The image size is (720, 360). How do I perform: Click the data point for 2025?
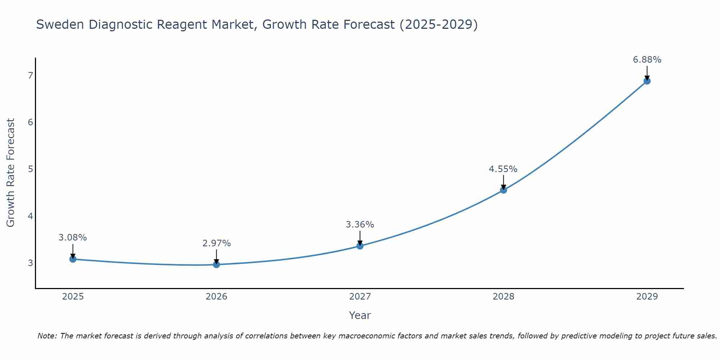tap(73, 259)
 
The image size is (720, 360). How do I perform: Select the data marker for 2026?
tap(216, 264)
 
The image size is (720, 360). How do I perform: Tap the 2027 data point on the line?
tap(360, 246)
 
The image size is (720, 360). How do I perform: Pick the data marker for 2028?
tap(503, 190)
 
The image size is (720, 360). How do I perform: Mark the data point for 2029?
tap(647, 81)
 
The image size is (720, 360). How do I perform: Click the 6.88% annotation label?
tap(647, 60)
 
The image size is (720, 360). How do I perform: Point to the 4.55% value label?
tap(503, 169)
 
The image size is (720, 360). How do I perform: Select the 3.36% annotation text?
tap(360, 225)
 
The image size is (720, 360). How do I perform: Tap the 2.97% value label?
tap(216, 243)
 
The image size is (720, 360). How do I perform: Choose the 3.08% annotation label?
tap(73, 238)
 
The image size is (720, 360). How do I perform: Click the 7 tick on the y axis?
tap(30, 75)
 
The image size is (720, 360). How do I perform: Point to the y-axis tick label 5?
tap(30, 169)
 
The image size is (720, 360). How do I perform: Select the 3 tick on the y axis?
tap(30, 263)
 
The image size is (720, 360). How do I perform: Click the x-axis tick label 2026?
tap(216, 297)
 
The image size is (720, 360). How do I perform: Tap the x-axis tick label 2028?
tap(503, 297)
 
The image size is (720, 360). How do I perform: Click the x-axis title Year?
tap(360, 315)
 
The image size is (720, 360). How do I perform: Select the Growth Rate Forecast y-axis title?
tap(11, 172)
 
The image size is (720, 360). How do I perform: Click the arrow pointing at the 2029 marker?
tap(647, 73)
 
